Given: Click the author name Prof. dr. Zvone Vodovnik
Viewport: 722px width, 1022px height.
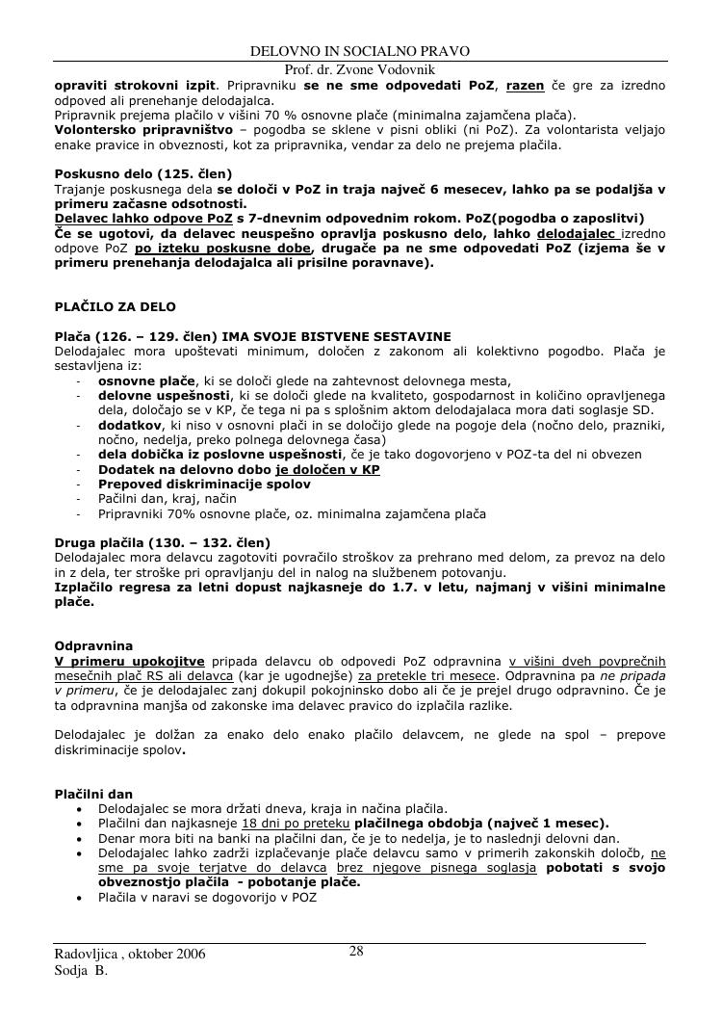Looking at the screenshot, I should coord(360,69).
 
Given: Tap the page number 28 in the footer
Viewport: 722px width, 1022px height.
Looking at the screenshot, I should coord(356,952).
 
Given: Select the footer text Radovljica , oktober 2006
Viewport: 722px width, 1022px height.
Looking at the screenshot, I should coord(129,955).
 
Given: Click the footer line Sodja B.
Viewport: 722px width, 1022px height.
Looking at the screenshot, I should coord(81,971).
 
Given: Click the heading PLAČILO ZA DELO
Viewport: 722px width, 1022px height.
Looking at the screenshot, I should coord(115,306).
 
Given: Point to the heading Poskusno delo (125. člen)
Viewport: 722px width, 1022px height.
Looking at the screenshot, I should coord(142,173).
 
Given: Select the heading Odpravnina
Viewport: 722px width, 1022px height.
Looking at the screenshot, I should coord(93,644).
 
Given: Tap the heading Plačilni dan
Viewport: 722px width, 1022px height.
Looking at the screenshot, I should coord(93,794).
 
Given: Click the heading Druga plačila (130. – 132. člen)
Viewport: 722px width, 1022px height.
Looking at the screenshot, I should coord(162,542).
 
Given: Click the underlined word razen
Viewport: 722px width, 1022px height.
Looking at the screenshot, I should coord(525,86).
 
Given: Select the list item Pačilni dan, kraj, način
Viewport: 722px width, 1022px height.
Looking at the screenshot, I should coord(166,499).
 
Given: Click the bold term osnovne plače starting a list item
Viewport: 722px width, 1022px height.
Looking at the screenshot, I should coord(146,380).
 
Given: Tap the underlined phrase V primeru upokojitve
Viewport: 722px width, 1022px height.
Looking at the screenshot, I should coord(129,660).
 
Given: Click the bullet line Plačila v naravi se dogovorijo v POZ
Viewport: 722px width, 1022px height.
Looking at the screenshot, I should coord(207,897).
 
